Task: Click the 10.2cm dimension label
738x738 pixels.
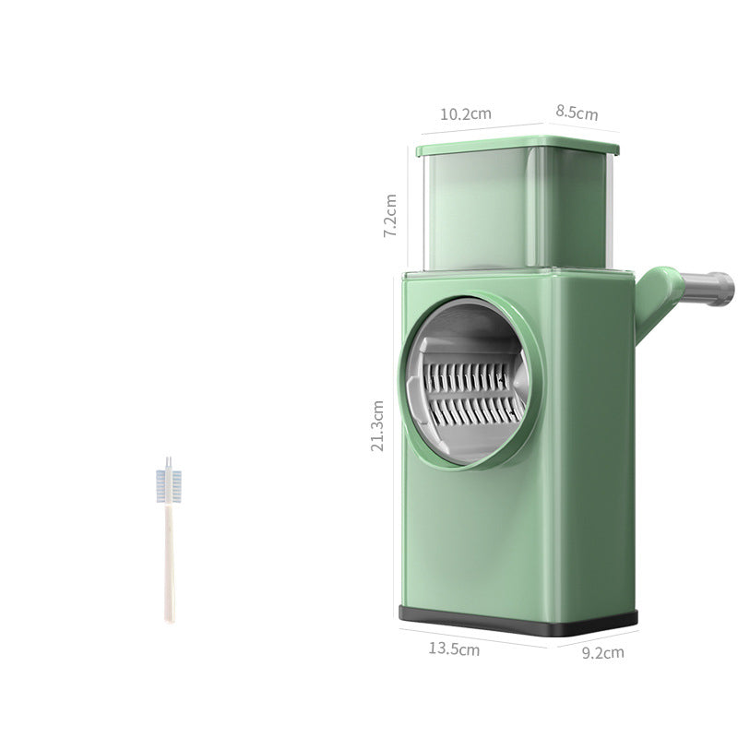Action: tap(465, 114)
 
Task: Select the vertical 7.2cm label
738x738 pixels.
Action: tap(390, 217)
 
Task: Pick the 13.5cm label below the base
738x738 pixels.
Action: tap(454, 649)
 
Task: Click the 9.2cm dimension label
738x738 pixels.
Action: tap(602, 652)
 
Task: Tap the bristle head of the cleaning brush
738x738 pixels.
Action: tap(169, 486)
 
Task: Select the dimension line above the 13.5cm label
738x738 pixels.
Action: tap(475, 635)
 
